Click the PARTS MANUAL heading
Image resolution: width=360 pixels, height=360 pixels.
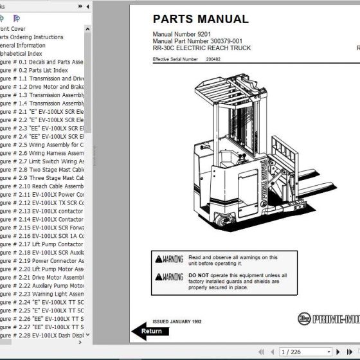[200, 19]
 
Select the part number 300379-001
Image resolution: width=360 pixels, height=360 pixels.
[231, 41]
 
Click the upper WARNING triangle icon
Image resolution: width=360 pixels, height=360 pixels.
[159, 259]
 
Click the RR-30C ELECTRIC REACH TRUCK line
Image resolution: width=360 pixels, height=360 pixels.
[202, 48]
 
